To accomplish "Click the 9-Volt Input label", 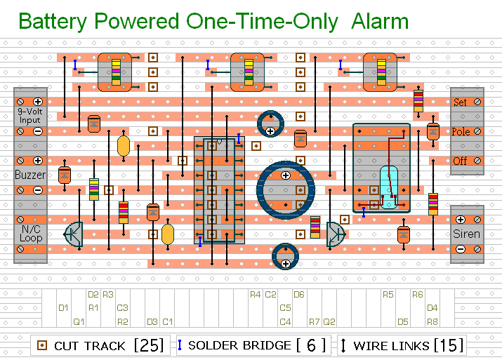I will tap(30, 116).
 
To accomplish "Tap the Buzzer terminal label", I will tap(30, 175).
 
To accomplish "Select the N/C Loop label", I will tap(30, 234).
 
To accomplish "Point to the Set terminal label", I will tap(460, 102).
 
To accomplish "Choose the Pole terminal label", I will tap(461, 132).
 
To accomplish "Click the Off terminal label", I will tap(460, 161).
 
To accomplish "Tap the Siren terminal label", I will tap(467, 234).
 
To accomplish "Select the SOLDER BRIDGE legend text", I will tap(239, 345).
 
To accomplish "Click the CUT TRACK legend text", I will tap(89, 345).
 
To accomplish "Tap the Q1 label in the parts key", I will tap(79, 322).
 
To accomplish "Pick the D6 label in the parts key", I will tap(299, 294).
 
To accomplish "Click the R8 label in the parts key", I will tap(432, 322).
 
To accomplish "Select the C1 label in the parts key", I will tap(167, 322).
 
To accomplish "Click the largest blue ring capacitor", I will tap(284, 188).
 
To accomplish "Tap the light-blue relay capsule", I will tap(388, 187).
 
